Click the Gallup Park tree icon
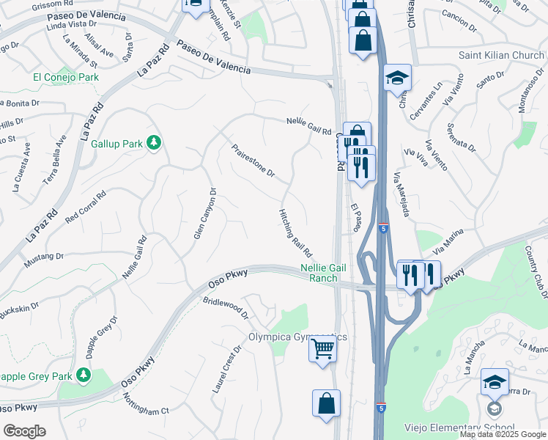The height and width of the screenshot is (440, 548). (154, 142)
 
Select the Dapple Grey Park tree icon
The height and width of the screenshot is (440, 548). (84, 375)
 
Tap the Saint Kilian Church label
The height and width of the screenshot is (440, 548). (501, 55)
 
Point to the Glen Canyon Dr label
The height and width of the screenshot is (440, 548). (204, 213)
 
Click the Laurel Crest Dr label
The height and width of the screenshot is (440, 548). (226, 370)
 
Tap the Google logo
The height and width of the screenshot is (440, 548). (24, 431)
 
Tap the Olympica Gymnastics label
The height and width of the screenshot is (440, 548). (297, 337)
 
